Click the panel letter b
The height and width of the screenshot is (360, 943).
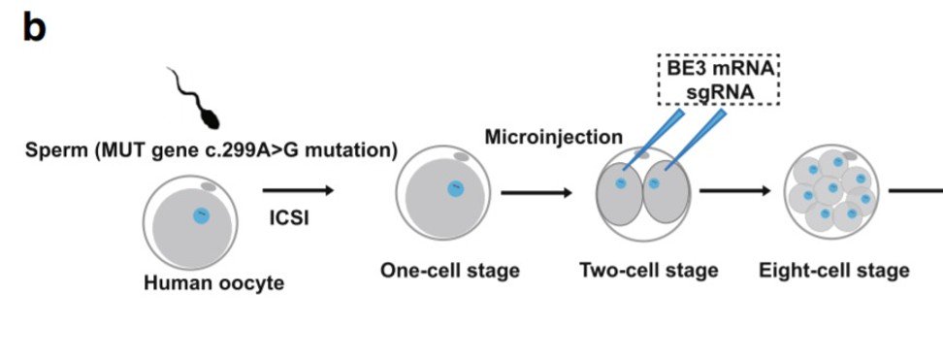click(33, 28)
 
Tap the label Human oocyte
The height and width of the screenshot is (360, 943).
click(213, 283)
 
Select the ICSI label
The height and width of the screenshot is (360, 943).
click(289, 218)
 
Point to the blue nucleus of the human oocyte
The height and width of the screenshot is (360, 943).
click(201, 216)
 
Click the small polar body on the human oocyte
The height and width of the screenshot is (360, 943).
click(208, 185)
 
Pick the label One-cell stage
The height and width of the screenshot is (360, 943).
click(449, 271)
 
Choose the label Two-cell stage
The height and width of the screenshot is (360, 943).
click(648, 270)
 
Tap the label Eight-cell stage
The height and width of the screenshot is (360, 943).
click(833, 270)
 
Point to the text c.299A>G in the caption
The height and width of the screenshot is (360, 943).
click(253, 150)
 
